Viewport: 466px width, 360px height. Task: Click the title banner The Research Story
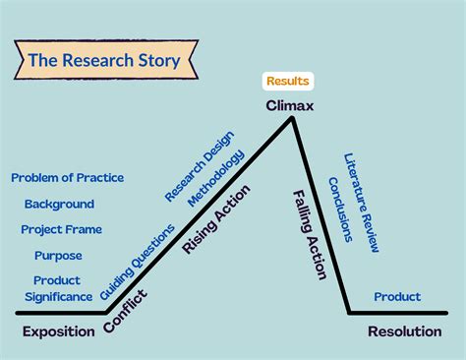[x=103, y=60]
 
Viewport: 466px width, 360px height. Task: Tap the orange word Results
[x=289, y=81]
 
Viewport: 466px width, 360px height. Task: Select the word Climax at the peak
[x=289, y=105]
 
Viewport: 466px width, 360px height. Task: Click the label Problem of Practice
[x=67, y=178]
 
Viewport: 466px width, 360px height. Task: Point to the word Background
[x=59, y=204]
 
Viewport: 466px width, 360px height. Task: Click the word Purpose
[x=58, y=255]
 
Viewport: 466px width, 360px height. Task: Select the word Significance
[x=57, y=297]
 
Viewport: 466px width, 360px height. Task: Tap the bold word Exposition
[x=59, y=331]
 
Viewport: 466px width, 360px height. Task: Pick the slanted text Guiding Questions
[x=138, y=262]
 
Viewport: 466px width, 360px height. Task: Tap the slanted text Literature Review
[x=361, y=203]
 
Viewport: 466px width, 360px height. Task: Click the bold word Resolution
[x=404, y=331]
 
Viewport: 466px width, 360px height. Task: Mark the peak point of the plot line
[x=292, y=118]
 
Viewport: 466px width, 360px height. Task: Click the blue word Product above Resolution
[x=397, y=296]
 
